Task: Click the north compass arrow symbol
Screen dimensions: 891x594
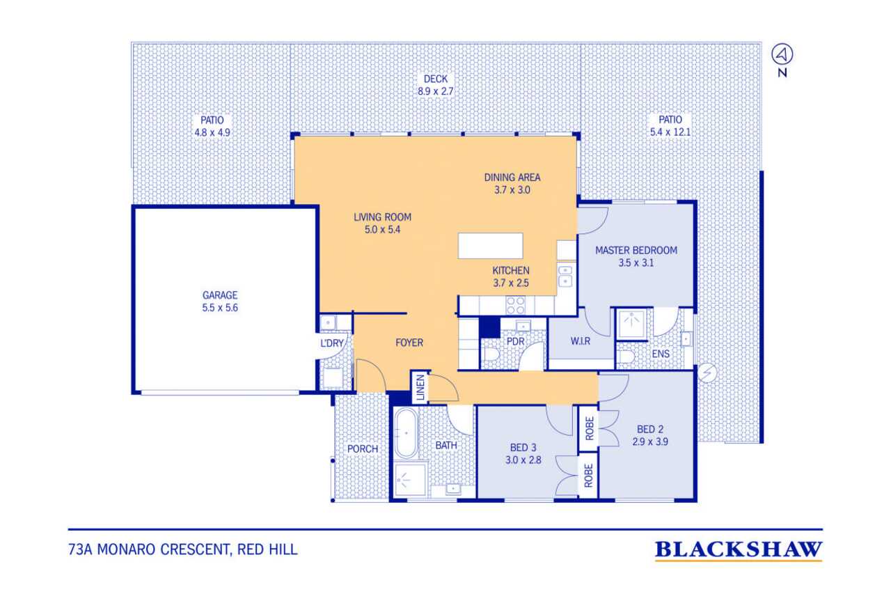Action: click(x=782, y=54)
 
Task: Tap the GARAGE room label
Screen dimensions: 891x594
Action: click(x=220, y=295)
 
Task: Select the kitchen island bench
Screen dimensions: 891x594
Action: click(x=490, y=246)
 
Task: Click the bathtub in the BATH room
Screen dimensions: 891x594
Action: click(x=406, y=433)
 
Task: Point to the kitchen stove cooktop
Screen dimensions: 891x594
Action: click(x=515, y=306)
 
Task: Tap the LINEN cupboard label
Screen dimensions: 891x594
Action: click(x=420, y=387)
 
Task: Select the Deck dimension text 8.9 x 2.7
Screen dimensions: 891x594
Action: click(x=436, y=91)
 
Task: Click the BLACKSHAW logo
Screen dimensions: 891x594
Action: click(x=739, y=551)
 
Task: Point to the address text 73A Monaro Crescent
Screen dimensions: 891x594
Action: click(x=149, y=549)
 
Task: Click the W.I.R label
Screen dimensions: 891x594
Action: click(x=581, y=341)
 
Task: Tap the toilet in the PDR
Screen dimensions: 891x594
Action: click(x=491, y=354)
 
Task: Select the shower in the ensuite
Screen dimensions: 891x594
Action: click(x=631, y=325)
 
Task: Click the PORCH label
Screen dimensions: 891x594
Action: click(x=363, y=448)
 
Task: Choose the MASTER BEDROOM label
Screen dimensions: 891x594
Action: click(x=636, y=250)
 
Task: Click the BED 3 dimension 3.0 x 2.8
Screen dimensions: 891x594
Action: click(x=523, y=460)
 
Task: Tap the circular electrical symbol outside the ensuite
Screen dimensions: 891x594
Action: click(x=707, y=373)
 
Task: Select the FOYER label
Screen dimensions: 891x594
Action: click(x=409, y=343)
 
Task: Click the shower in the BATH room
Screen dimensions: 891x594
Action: click(x=409, y=479)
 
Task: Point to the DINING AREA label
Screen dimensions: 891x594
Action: click(x=512, y=178)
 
